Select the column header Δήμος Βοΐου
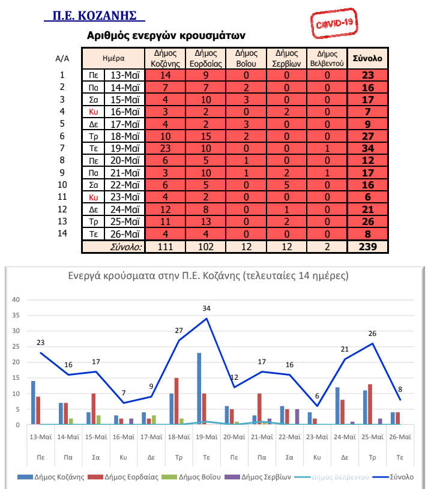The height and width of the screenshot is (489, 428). click(246, 58)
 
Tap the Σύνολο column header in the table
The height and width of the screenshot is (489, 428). click(367, 58)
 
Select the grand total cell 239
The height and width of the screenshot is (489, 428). click(367, 247)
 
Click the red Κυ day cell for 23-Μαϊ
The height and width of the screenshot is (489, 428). click(93, 196)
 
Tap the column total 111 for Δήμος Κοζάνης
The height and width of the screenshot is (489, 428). click(165, 247)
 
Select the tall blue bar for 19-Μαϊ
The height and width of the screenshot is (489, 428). click(198, 388)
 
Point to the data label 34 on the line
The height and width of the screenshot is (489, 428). click(206, 309)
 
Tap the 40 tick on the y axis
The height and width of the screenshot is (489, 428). click(16, 300)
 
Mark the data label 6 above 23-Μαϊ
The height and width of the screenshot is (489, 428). click(316, 397)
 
